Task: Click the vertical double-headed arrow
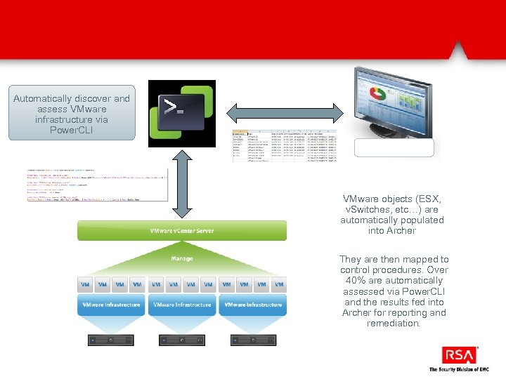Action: tap(182, 185)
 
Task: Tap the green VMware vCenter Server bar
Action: tap(182, 230)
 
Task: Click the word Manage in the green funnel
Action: tap(182, 258)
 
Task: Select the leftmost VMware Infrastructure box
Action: tap(111, 305)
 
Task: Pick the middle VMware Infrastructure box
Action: tap(182, 305)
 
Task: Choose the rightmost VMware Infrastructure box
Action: tap(252, 305)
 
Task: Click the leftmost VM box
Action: tap(86, 284)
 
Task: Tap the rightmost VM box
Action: tap(278, 284)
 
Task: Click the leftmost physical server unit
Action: tap(111, 340)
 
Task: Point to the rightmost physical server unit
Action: tap(252, 340)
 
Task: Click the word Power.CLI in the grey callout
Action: tap(72, 131)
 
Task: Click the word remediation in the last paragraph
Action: tap(394, 324)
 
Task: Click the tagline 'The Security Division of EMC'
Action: tap(458, 369)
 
